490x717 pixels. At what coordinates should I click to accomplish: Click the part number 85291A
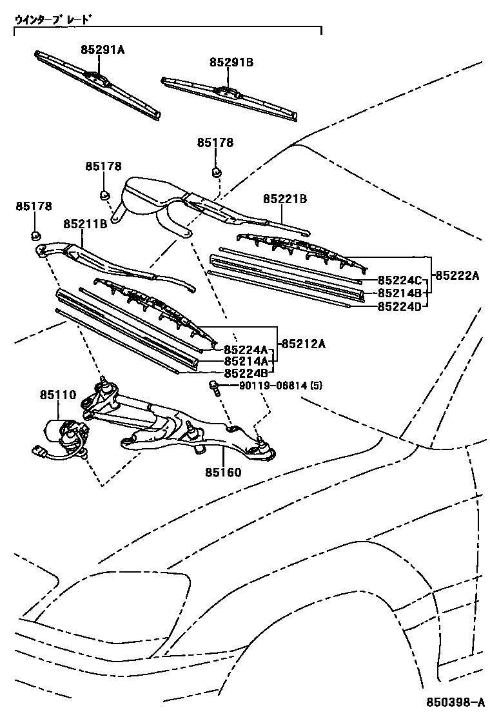tap(103, 49)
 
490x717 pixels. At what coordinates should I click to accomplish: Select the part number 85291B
tap(231, 62)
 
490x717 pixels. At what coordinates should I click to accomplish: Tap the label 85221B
tap(284, 199)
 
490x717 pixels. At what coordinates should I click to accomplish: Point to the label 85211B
tap(84, 224)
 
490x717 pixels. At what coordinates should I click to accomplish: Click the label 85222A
tap(457, 275)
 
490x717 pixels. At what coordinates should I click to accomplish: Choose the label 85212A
tap(302, 343)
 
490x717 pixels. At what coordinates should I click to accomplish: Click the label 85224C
tap(399, 280)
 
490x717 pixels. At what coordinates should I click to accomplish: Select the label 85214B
tap(399, 293)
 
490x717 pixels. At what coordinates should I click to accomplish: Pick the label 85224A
tap(246, 349)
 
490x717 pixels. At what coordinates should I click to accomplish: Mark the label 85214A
tap(246, 361)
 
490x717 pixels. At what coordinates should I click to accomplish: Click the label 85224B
tap(246, 373)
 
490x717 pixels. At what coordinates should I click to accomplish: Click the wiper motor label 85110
tap(58, 395)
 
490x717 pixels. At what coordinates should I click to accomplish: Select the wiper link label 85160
tap(223, 473)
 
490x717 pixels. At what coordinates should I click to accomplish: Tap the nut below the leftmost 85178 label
tap(36, 235)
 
